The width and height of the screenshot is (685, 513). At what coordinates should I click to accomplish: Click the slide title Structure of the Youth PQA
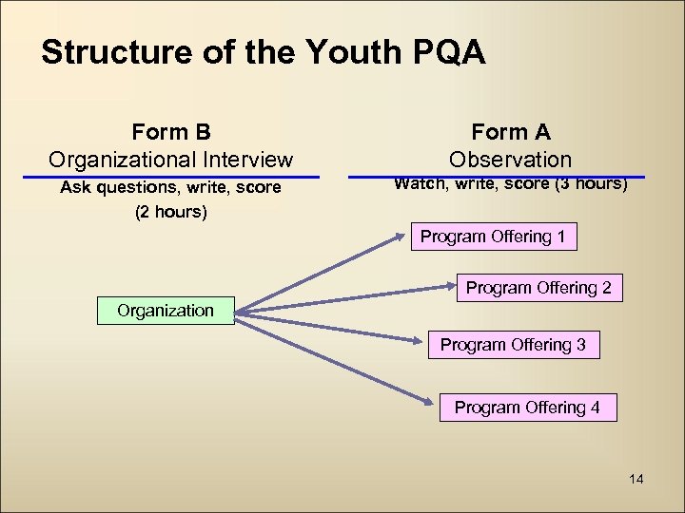pyautogui.click(x=264, y=52)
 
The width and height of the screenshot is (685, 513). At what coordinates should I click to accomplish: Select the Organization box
pyautogui.click(x=166, y=311)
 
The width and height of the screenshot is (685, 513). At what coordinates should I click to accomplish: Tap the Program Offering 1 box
pyautogui.click(x=493, y=237)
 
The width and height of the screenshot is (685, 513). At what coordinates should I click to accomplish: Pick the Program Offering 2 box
pyautogui.click(x=538, y=288)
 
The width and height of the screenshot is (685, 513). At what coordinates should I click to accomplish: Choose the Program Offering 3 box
pyautogui.click(x=513, y=345)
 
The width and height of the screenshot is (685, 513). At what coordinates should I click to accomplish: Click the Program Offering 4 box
pyautogui.click(x=527, y=408)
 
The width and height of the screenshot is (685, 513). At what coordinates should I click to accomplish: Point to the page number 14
pyautogui.click(x=636, y=479)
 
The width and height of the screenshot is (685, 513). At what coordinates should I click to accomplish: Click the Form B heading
pyautogui.click(x=171, y=131)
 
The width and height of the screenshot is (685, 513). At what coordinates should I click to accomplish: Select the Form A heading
pyautogui.click(x=511, y=132)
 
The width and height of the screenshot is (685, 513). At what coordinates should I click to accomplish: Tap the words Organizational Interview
pyautogui.click(x=171, y=160)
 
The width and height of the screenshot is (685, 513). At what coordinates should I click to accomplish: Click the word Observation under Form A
pyautogui.click(x=511, y=160)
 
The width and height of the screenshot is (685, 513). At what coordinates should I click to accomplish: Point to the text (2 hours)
pyautogui.click(x=171, y=212)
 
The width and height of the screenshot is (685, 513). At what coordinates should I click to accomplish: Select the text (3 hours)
pyautogui.click(x=591, y=184)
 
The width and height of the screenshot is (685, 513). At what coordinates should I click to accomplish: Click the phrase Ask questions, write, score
pyautogui.click(x=171, y=188)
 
